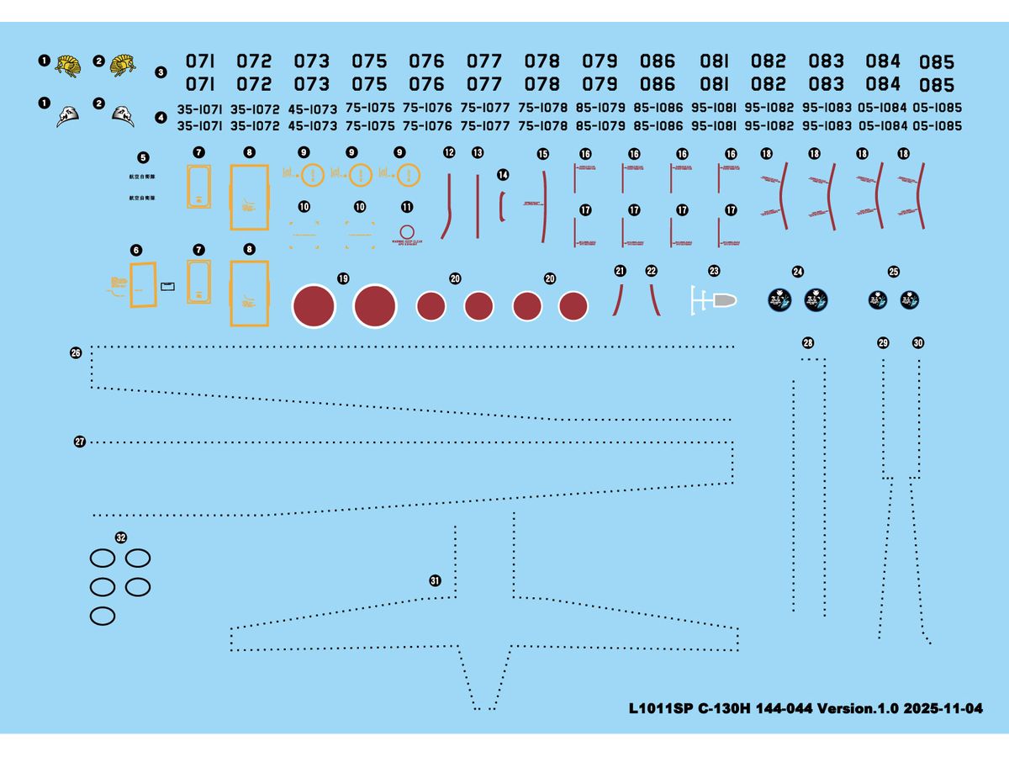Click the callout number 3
click(x=161, y=72)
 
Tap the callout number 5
click(x=142, y=157)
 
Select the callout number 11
click(x=408, y=206)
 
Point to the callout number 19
click(x=342, y=278)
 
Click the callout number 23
click(x=714, y=271)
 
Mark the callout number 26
click(x=76, y=353)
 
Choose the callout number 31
click(x=435, y=580)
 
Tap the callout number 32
click(x=121, y=537)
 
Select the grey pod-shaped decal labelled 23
click(x=721, y=300)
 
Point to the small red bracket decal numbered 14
click(x=502, y=205)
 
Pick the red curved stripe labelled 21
click(x=620, y=299)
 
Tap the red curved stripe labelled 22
click(x=653, y=299)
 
